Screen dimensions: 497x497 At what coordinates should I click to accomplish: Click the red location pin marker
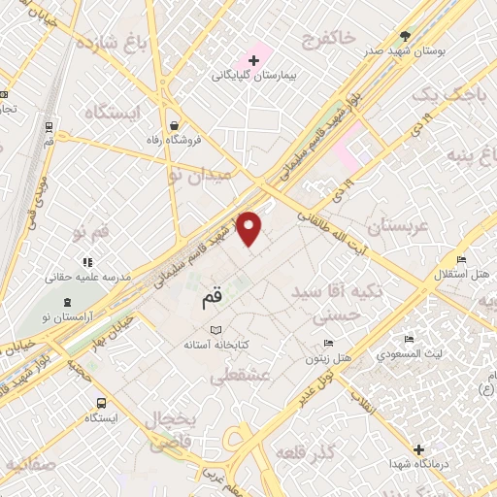click(x=250, y=227)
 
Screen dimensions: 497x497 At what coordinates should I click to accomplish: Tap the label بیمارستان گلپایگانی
click(x=255, y=76)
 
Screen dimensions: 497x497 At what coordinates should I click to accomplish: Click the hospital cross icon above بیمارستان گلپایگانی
click(x=255, y=60)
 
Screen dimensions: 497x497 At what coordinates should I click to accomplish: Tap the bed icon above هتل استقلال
click(x=462, y=260)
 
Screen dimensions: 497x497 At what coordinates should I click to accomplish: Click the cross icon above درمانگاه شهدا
click(x=419, y=449)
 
